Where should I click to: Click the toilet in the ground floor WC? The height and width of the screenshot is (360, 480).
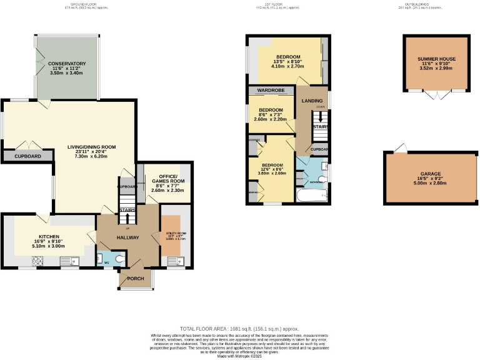pos(120,257)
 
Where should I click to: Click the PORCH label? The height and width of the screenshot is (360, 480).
pos(136,279)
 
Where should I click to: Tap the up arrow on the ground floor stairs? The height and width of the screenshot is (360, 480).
pos(127,219)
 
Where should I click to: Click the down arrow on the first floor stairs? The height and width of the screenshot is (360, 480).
pos(321,117)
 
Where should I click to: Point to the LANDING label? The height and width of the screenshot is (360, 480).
pos(312,101)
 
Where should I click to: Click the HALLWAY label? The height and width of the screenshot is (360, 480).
pos(127,237)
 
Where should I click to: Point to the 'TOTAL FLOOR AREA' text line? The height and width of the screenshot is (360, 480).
pos(239,329)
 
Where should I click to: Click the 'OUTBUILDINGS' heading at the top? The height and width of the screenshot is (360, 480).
pos(419,6)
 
